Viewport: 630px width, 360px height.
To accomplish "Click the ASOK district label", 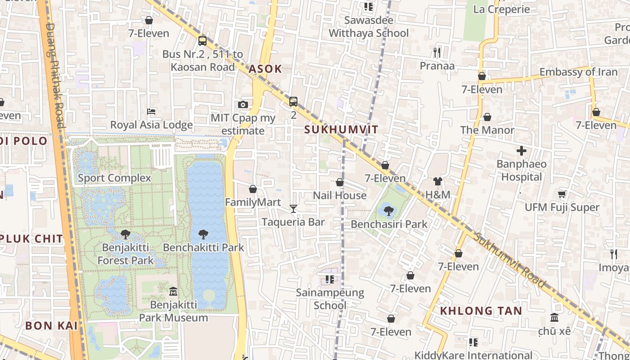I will pyautogui.click(x=265, y=69).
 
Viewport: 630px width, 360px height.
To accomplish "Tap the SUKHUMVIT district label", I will pyautogui.click(x=341, y=130).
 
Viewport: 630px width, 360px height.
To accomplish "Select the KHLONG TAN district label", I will pyautogui.click(x=481, y=310).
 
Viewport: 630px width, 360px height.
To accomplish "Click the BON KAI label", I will pyautogui.click(x=51, y=325).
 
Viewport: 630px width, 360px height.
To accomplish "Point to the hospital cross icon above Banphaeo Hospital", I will pyautogui.click(x=522, y=151).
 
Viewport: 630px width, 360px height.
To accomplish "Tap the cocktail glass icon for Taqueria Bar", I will pyautogui.click(x=293, y=208).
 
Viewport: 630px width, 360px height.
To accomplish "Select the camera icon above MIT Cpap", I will pyautogui.click(x=243, y=104).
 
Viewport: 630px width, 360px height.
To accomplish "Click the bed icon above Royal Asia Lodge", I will pyautogui.click(x=152, y=112).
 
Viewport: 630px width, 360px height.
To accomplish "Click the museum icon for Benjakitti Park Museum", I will pyautogui.click(x=173, y=292).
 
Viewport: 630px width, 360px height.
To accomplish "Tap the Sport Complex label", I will pyautogui.click(x=114, y=178).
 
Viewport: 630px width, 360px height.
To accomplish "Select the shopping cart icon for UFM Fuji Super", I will pyautogui.click(x=562, y=194).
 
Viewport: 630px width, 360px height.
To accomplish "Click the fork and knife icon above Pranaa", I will pyautogui.click(x=437, y=52).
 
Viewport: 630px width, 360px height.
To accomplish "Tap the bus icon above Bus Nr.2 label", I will pyautogui.click(x=202, y=41).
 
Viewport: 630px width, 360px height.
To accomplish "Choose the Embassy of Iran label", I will pyautogui.click(x=578, y=72).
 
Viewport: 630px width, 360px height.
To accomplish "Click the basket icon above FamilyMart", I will pyautogui.click(x=253, y=189).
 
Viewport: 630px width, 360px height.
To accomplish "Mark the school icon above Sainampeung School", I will pyautogui.click(x=330, y=279).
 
